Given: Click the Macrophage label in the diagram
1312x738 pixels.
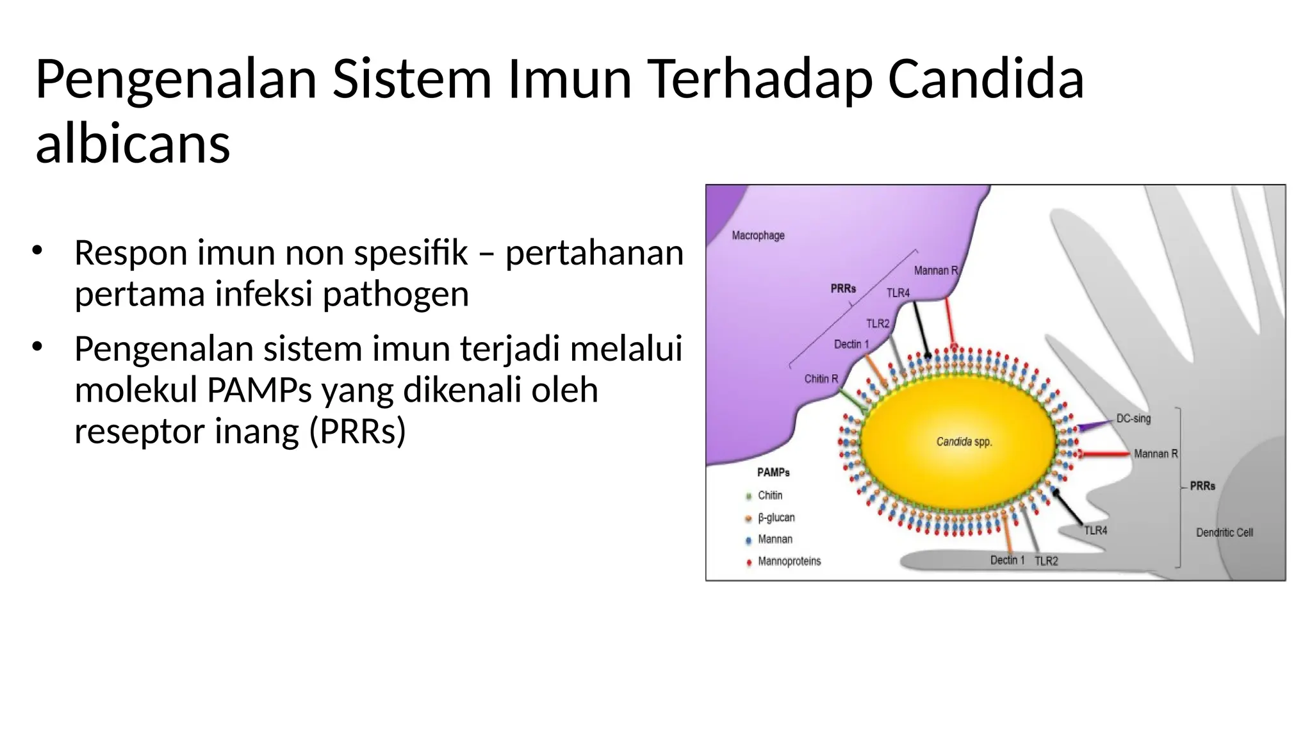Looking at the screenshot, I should point(758,236).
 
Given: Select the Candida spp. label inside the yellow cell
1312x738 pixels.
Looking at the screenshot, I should point(963,441).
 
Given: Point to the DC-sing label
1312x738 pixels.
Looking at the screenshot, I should point(1133,419).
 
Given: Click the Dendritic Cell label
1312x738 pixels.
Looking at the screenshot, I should point(1224,532).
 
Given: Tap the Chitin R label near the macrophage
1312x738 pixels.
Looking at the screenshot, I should point(821,379).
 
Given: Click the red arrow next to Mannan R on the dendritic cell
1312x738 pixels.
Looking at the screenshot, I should point(1105,454).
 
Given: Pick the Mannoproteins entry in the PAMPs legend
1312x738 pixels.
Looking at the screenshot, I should point(789,561).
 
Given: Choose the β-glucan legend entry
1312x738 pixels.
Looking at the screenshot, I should point(776,518).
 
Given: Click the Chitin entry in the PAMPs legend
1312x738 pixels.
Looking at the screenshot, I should point(769,495).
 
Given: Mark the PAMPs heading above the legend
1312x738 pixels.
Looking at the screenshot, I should point(773,473).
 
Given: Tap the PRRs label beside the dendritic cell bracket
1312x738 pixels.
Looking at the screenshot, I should point(1202,486).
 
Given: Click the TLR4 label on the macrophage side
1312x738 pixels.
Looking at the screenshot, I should point(898,293).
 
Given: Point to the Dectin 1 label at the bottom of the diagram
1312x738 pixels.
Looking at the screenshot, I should point(1007,561).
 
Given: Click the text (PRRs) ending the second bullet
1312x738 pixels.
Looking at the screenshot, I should point(357,431).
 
